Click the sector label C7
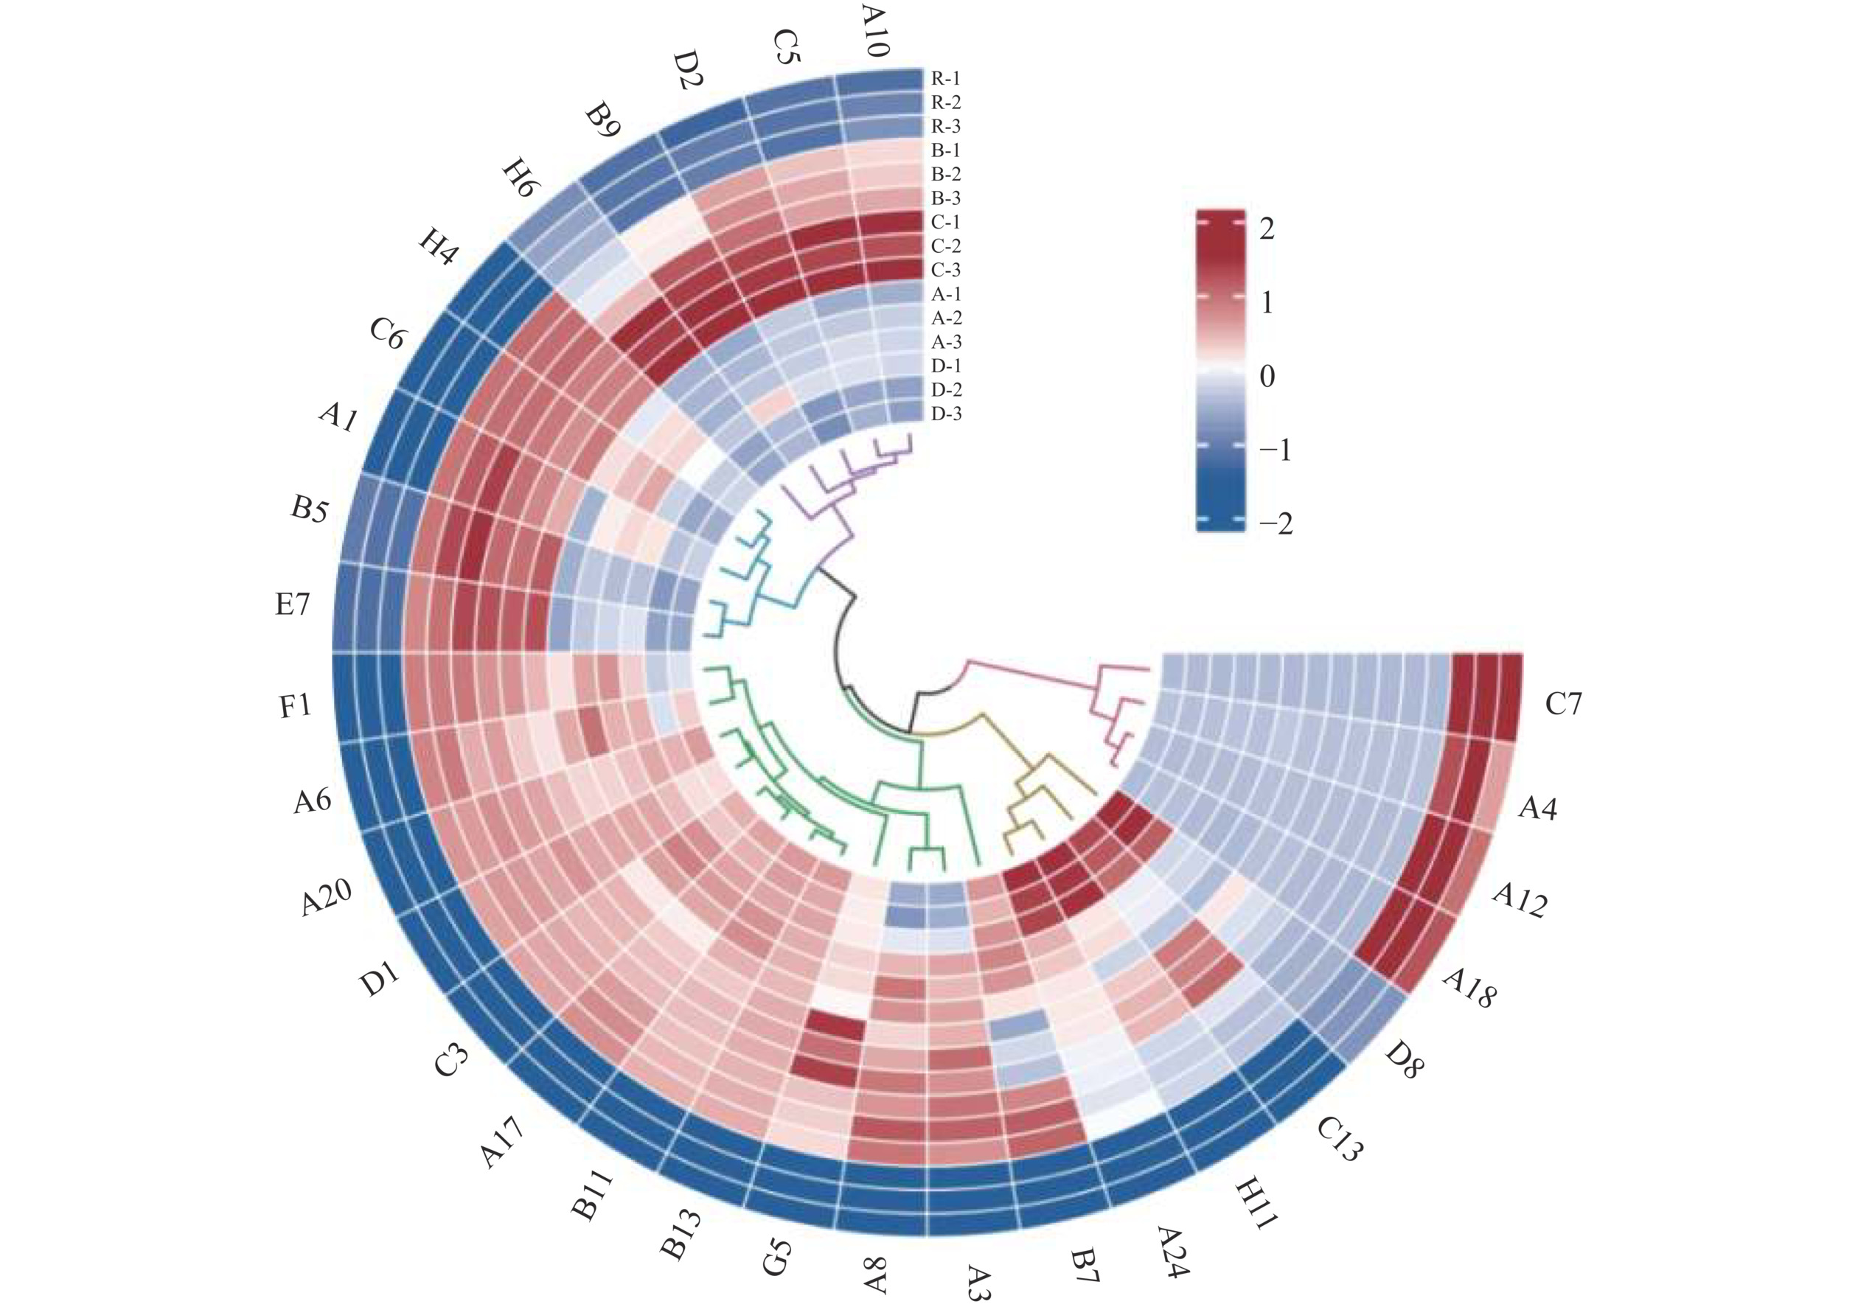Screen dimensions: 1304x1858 click(x=1562, y=704)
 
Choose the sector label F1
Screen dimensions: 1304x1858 click(x=296, y=706)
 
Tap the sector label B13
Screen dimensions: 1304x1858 click(x=680, y=1235)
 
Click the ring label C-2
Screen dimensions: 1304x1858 click(x=946, y=246)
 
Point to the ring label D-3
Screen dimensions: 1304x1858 click(x=946, y=414)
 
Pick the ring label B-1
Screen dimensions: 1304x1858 click(x=946, y=150)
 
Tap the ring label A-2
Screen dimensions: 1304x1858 click(x=946, y=318)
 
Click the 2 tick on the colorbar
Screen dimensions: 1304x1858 click(x=1267, y=229)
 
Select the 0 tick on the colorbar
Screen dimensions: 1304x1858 click(x=1267, y=376)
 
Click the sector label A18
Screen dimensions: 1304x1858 click(x=1469, y=988)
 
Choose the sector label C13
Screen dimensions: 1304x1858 click(x=1339, y=1139)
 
